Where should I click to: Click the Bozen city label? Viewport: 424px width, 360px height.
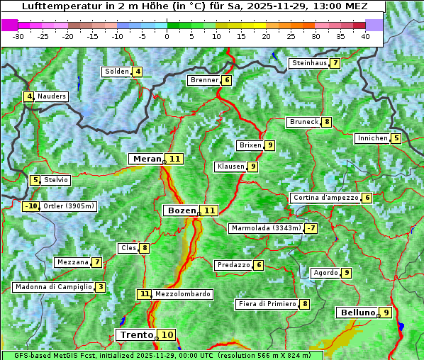pos(181,210)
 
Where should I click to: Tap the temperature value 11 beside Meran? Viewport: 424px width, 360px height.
pos(174,159)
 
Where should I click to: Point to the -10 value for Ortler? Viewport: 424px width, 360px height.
pos(31,206)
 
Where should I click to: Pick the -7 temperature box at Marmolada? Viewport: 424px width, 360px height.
pos(311,228)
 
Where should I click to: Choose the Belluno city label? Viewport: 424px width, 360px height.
pos(357,313)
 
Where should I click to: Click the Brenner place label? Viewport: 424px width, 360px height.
pos(204,80)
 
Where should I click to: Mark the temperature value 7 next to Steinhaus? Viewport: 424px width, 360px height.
pos(335,63)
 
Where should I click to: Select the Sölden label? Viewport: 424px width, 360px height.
pos(117,72)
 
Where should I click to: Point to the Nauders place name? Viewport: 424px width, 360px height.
pos(52,96)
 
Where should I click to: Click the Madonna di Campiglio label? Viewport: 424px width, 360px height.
pos(53,287)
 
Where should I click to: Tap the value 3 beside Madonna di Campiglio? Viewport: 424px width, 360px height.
pos(101,287)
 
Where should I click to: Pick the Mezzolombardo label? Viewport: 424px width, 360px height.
pos(182,294)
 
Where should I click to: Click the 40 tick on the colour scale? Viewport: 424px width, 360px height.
pos(365,36)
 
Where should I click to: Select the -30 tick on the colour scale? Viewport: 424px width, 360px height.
pos(18,36)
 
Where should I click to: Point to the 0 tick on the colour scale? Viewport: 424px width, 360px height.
pos(167,36)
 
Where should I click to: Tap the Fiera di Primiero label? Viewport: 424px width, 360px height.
pos(267,304)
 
